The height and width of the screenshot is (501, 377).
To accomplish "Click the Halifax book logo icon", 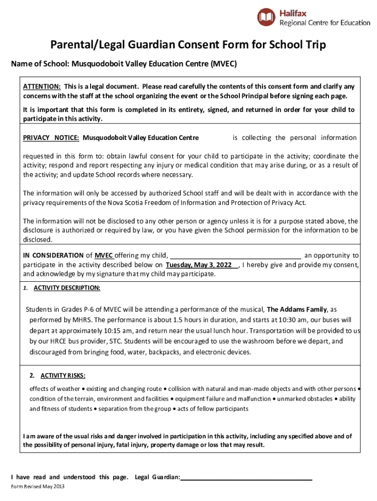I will coord(266,18).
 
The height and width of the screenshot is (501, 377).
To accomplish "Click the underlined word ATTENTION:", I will coord(42,87).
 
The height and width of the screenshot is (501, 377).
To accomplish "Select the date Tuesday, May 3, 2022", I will coord(199,265).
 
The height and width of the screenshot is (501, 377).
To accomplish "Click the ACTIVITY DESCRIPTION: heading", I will coord(67,288).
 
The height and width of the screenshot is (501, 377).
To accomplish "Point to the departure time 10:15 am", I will coord(112,331).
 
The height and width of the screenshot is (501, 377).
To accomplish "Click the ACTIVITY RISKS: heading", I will coord(63,376).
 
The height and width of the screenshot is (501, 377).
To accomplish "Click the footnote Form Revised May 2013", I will coord(37,487).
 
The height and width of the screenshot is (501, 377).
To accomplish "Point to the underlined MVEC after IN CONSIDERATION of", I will coord(104,255).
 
